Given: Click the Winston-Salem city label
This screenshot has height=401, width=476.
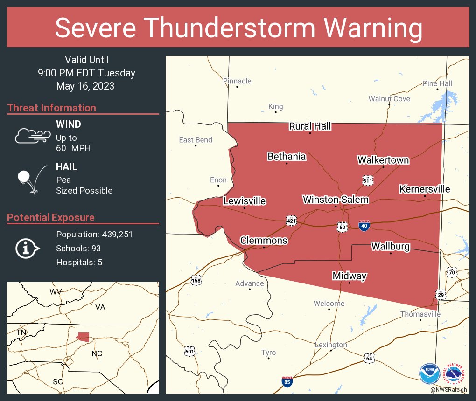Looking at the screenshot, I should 336,200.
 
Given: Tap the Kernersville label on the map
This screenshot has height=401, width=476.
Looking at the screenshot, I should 424,189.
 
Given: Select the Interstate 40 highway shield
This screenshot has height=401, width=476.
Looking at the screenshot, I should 365,226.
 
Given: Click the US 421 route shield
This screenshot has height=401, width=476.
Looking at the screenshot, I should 292,220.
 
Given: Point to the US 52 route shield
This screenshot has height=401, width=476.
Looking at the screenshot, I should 343,227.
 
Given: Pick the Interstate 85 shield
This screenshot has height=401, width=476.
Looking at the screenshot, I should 288,382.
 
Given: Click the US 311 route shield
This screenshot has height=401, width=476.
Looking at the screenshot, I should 367,180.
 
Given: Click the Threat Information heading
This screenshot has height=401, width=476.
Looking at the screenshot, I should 52,108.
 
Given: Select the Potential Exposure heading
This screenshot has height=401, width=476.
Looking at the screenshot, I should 51,217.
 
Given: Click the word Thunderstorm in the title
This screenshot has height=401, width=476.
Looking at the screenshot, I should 238,28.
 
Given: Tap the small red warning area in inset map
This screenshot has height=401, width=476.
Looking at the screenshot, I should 84,336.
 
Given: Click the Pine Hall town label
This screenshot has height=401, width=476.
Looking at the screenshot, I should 437,83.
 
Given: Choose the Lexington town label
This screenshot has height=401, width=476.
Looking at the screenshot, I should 331,345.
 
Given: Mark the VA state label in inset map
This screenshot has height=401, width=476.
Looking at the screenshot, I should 100,307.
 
